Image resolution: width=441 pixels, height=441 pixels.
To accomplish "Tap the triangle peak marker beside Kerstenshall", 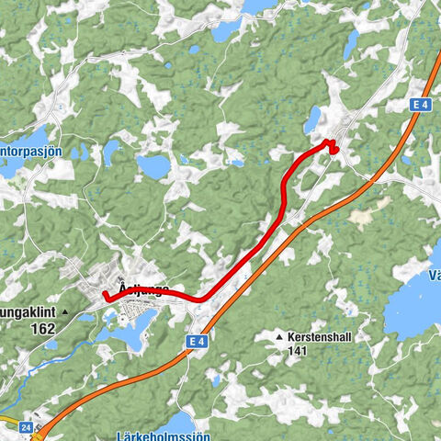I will [x=279, y=338].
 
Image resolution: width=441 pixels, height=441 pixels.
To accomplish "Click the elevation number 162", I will [x=41, y=327].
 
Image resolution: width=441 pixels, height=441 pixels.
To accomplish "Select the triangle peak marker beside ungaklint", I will [x=65, y=312].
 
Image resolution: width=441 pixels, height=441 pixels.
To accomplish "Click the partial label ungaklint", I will [x=28, y=312].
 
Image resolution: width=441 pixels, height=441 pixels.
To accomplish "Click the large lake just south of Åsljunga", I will [x=129, y=339].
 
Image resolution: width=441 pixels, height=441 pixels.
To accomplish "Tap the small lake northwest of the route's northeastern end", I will [x=314, y=118].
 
